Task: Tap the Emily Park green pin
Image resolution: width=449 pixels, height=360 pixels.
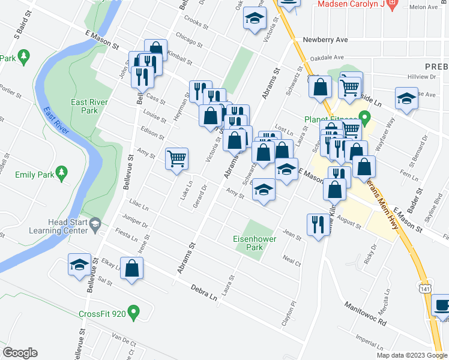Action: (60, 172)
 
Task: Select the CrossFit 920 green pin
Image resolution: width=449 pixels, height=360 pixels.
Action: (134, 313)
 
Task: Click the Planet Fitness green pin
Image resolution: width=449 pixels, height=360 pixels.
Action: (363, 116)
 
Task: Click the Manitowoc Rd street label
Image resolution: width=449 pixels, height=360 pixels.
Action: (365, 314)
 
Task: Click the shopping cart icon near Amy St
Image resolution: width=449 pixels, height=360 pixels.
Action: (176, 159)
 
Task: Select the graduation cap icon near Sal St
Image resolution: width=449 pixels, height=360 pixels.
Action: (79, 266)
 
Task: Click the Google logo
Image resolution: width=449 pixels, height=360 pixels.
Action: (20, 353)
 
